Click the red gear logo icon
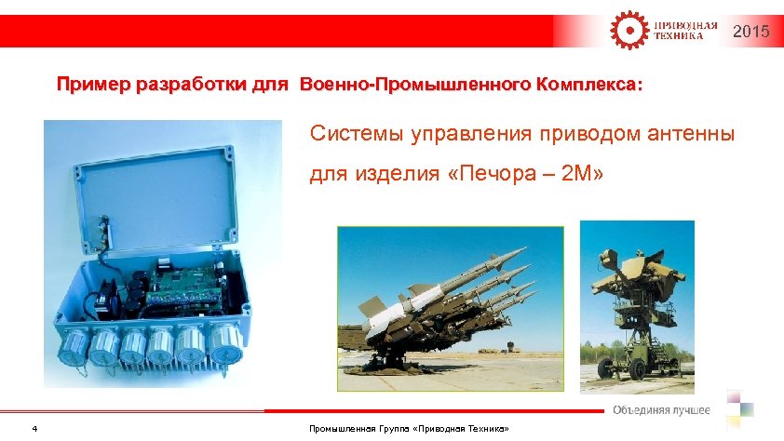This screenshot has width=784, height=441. coord(627,30)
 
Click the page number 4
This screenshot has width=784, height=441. coord(34,429)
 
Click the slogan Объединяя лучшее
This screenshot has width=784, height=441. coord(661,410)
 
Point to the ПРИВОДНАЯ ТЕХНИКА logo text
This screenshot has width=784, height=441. coord(684,31)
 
